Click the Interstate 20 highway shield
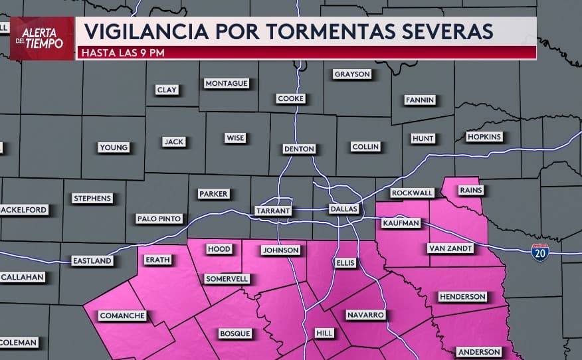pyautogui.click(x=540, y=252)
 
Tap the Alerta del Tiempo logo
pyautogui.click(x=42, y=39)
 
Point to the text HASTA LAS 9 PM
pyautogui.click(x=123, y=52)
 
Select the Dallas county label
pyautogui.click(x=344, y=209)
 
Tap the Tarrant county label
pyautogui.click(x=273, y=211)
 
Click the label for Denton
pyautogui.click(x=299, y=149)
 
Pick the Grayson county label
pyautogui.click(x=352, y=74)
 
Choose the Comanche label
pyautogui.click(x=122, y=315)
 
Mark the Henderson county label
pyautogui.click(x=462, y=296)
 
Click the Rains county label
pyautogui.click(x=471, y=190)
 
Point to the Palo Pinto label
pyautogui.click(x=159, y=219)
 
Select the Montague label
pyautogui.click(x=227, y=83)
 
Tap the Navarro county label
pyautogui.click(x=365, y=314)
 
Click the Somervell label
pyautogui.click(x=227, y=278)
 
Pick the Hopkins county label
pyautogui.click(x=484, y=137)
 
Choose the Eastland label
pyautogui.click(x=92, y=261)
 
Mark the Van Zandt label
pyautogui.click(x=450, y=248)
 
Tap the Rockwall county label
pyautogui.click(x=412, y=193)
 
